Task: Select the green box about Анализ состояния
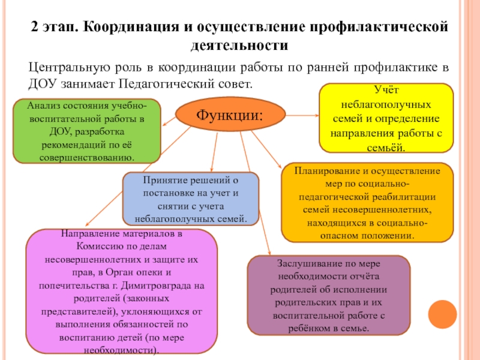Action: (x=86, y=131)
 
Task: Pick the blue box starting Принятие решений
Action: (x=191, y=199)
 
